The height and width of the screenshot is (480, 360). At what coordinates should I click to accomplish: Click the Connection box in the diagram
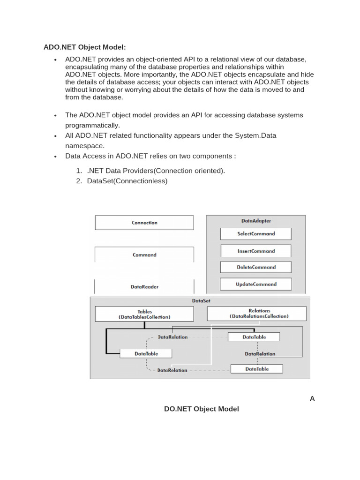tap(144, 223)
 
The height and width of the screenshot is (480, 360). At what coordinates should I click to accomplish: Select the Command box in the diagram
tap(144, 255)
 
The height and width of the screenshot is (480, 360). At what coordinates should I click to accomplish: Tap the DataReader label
tap(144, 286)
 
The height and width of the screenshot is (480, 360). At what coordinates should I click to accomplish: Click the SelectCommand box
tap(256, 233)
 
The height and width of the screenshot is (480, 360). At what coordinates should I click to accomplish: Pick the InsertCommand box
tap(256, 251)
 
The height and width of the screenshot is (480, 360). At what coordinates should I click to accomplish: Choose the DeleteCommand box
tap(256, 267)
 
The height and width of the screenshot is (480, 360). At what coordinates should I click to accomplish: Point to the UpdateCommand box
tap(256, 284)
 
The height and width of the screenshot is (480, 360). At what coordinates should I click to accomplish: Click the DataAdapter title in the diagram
tap(256, 220)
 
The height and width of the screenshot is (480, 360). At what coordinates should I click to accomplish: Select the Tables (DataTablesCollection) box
tap(144, 314)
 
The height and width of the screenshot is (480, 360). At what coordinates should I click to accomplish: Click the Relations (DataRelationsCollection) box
tap(259, 313)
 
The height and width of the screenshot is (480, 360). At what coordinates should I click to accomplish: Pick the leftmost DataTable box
tap(146, 353)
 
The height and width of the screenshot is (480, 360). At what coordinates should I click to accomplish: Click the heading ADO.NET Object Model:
tap(85, 47)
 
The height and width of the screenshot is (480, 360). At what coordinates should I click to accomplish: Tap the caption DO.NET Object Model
tap(202, 409)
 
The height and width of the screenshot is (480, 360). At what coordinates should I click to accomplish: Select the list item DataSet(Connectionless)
tap(127, 180)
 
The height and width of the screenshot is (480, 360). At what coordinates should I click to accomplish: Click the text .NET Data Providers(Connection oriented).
tap(156, 171)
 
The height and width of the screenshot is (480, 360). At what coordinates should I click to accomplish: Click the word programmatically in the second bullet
tap(92, 125)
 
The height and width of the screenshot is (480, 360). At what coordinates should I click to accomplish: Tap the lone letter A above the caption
tap(312, 398)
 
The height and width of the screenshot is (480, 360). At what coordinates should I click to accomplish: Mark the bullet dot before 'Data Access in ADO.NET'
tap(55, 156)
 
